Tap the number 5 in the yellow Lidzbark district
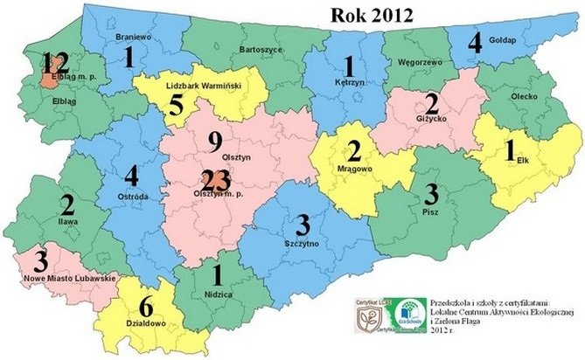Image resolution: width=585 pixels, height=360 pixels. [x=177, y=106]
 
